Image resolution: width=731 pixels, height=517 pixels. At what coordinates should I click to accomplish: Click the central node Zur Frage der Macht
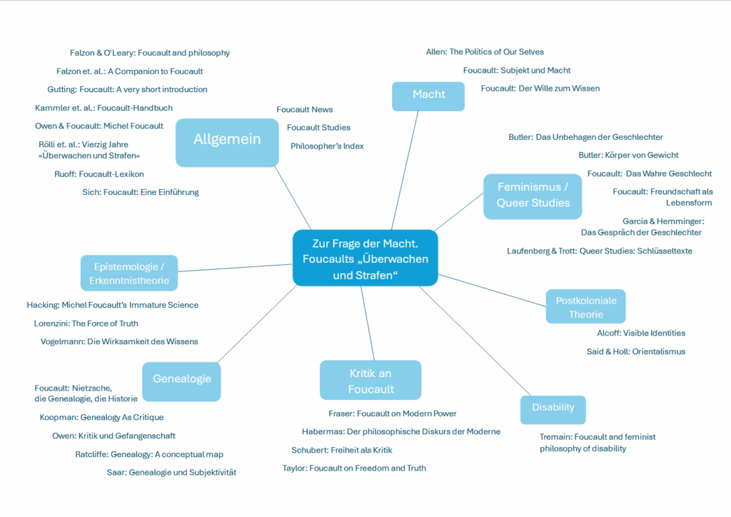(365, 258)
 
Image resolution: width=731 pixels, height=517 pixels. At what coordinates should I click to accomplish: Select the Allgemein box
(227, 139)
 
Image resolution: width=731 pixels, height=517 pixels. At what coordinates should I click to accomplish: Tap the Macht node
(428, 95)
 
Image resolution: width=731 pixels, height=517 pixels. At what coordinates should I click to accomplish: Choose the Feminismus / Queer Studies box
(533, 195)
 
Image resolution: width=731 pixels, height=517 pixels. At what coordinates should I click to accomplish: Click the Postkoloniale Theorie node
(585, 307)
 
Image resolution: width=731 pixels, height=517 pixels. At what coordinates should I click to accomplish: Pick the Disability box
(553, 408)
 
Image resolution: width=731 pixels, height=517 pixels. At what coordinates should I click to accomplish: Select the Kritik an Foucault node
(370, 381)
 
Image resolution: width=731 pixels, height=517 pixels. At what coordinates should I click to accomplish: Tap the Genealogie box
(182, 379)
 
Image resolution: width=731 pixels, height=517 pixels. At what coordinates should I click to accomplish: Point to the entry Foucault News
(304, 109)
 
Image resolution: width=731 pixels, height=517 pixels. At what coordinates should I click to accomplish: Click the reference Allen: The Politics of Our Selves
(485, 51)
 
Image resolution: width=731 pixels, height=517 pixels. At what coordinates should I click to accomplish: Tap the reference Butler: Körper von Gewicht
(628, 155)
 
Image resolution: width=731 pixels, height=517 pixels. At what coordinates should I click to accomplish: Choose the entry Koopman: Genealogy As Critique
(101, 417)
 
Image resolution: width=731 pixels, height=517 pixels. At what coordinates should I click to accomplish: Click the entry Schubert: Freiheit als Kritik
(342, 450)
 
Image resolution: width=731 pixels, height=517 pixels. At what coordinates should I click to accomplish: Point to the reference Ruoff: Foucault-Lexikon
(99, 174)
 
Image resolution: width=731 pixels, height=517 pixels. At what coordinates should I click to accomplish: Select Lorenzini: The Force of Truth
(86, 323)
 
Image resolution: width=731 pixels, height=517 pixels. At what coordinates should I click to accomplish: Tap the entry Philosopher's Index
(327, 146)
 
